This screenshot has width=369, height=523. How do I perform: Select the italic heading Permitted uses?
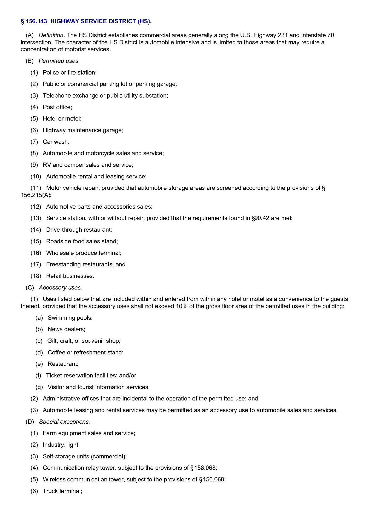coord(59,61)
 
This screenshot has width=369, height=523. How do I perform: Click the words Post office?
coord(57,107)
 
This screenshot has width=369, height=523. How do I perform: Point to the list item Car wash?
coord(56,142)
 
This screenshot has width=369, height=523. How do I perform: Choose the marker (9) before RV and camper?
coord(34,165)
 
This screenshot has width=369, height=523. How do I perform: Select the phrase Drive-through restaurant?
coord(79,230)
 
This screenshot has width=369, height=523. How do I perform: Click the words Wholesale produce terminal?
coord(84,253)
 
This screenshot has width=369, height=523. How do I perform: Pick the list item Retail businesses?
coord(70,276)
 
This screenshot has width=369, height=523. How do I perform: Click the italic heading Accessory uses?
coord(60,288)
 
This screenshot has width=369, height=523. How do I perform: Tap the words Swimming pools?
coord(70,318)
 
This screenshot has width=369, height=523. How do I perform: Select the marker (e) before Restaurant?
coord(39,364)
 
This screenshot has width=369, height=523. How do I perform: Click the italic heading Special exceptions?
coord(64,422)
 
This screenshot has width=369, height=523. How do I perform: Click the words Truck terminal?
coord(62,491)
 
